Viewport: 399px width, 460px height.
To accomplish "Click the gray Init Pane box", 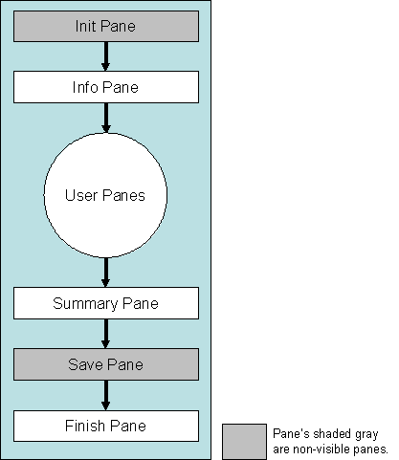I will [x=105, y=27].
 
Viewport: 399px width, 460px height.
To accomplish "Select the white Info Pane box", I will [x=105, y=87].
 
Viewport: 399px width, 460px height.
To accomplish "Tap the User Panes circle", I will [x=105, y=195].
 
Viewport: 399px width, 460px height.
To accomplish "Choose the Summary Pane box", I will [x=105, y=303].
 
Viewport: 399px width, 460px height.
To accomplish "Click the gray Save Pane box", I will [x=105, y=364].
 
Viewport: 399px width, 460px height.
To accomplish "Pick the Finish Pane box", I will [x=105, y=426].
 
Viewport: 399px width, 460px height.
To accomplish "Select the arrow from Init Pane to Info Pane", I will [x=105, y=56].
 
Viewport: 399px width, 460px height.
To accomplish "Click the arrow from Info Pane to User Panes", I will [x=105, y=118].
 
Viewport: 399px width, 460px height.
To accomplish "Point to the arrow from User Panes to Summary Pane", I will [x=105, y=273].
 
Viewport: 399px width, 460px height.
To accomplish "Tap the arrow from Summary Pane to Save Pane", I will [x=105, y=334].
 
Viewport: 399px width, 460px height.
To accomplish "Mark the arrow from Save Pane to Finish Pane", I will [x=105, y=395].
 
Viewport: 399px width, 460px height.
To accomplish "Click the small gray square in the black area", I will [x=244, y=442].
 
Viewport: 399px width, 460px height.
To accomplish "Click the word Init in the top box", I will [x=85, y=27].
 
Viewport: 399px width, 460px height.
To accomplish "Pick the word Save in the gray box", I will [x=84, y=364].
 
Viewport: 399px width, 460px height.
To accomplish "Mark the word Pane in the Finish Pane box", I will [x=127, y=426].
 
